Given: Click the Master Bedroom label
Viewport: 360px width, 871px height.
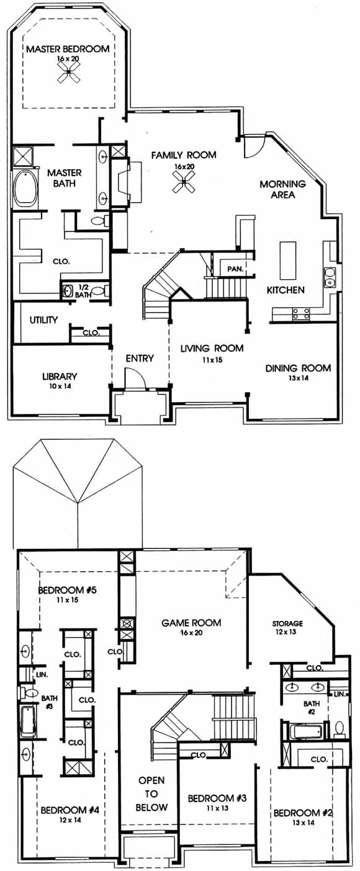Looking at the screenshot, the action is [x=68, y=49].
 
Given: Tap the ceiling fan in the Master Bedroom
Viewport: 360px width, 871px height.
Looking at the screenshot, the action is [x=68, y=73].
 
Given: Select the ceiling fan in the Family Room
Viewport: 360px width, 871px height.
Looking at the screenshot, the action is [x=184, y=182].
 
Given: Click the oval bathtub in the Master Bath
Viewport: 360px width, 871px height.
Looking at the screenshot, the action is [x=26, y=189].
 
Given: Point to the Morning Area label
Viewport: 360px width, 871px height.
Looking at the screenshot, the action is [x=282, y=189].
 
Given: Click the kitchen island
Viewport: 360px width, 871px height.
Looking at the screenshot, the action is [x=287, y=260].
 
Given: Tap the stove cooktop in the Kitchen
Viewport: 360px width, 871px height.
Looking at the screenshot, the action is [x=301, y=313].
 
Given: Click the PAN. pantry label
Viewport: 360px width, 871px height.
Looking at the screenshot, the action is [x=235, y=269].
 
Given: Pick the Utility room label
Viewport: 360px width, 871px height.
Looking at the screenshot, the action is [x=43, y=320].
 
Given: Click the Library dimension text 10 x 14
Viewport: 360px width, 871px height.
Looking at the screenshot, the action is [x=60, y=386].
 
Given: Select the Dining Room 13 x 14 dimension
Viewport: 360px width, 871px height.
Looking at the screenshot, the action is [x=298, y=378].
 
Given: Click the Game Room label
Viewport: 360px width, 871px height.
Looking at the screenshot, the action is [x=191, y=623].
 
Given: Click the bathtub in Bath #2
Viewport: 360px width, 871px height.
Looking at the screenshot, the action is [x=307, y=731].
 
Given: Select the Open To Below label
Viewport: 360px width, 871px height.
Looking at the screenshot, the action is [x=152, y=794].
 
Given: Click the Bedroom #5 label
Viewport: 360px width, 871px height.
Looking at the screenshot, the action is [x=67, y=590].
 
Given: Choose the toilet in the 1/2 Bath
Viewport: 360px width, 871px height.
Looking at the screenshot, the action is [x=101, y=290].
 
